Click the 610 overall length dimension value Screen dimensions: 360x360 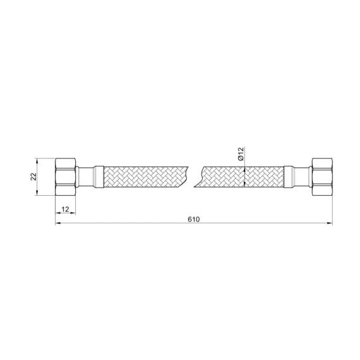coord(193,219)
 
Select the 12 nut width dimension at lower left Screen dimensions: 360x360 coord(65,209)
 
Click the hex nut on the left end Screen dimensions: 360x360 coord(65,177)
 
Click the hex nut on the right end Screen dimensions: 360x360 coord(321,176)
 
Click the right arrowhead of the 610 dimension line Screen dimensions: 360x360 coord(329,224)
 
